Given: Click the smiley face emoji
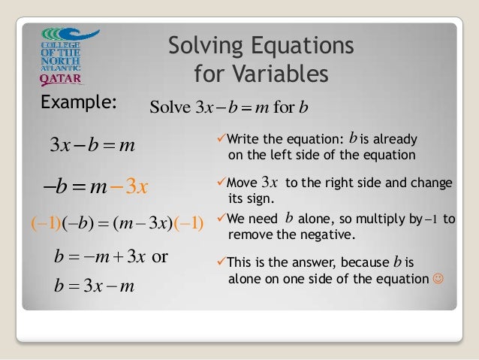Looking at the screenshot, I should pos(438,280).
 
